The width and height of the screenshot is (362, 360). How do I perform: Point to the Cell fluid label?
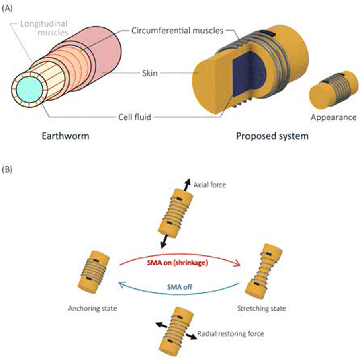[137, 117]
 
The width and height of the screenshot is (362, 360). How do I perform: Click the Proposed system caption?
[272, 136]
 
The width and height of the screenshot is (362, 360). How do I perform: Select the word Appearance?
[333, 117]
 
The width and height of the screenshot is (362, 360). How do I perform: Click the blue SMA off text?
[180, 288]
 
